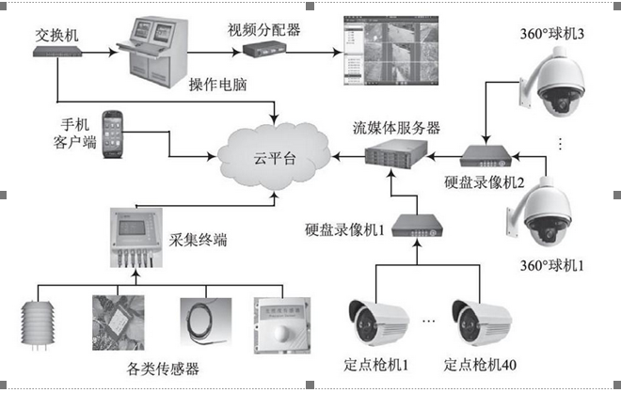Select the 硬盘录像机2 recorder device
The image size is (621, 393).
[488, 154]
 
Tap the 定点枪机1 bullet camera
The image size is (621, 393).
[376, 320]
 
